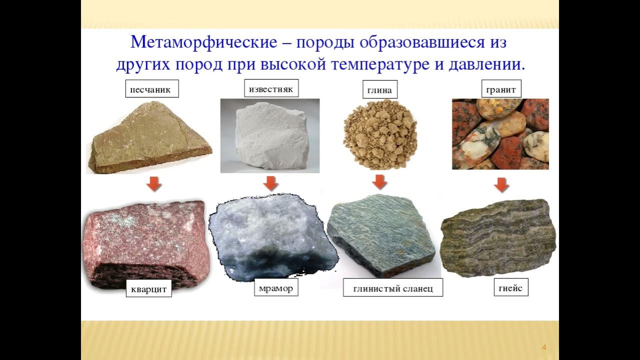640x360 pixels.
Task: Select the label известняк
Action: click(x=271, y=88)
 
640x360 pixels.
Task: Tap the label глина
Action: click(x=379, y=90)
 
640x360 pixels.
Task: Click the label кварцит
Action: click(x=148, y=288)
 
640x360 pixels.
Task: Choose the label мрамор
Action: click(x=276, y=288)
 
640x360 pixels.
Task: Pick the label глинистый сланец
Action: click(x=392, y=288)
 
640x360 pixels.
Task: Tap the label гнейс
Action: click(x=510, y=287)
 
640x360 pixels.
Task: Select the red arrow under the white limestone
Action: click(x=270, y=183)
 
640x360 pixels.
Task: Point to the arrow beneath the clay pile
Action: click(x=380, y=181)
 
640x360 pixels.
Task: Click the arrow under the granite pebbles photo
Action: click(x=501, y=185)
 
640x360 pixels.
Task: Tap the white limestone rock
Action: click(x=270, y=136)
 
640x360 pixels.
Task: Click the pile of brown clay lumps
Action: click(x=380, y=133)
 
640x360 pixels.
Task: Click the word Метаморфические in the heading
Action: click(x=203, y=41)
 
